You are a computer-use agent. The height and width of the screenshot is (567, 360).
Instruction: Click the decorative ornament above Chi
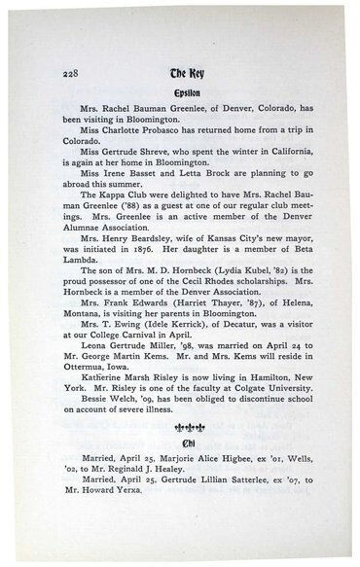[x=181, y=441]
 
